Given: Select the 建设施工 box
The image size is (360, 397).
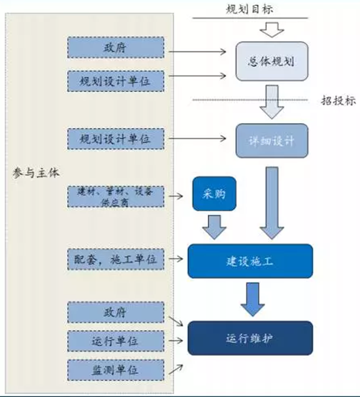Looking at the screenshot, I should coord(250,260).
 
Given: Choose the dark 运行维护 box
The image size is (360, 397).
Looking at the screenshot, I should coord(250,338).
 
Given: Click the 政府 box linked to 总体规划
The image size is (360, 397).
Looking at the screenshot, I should coord(116,48).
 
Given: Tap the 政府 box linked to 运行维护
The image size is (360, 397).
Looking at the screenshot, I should coord(116,312).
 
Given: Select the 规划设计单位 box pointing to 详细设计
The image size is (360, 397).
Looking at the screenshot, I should coord(116,138).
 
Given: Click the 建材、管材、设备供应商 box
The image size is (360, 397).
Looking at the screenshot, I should coord(116,196).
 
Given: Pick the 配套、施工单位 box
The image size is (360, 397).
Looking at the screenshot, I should coord(116,259).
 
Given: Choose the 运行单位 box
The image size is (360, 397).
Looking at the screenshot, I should coord(116,340).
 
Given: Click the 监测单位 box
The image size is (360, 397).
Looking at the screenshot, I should coord(116,369).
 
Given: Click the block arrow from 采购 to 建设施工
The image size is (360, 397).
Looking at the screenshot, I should coord(213,227).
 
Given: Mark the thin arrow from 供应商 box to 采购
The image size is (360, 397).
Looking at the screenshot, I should coord(176,195).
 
